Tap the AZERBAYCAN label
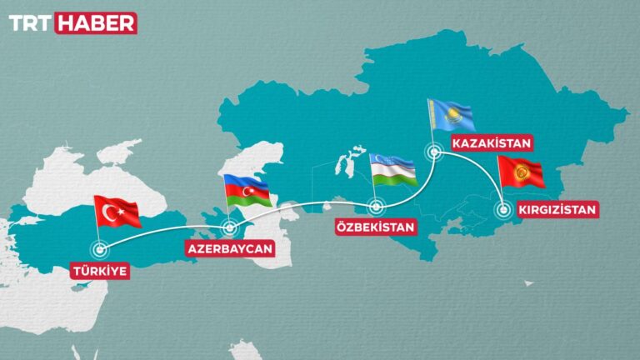point(231,249)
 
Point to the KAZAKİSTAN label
point(491,143)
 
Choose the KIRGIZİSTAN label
point(557,209)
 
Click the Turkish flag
point(117,212)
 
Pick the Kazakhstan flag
point(451,116)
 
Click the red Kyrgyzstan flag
point(521,172)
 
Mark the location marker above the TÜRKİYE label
point(101,247)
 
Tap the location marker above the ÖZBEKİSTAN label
point(375,206)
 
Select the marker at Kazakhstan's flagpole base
point(433,152)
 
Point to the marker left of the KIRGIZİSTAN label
point(503,209)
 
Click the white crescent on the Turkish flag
point(111,213)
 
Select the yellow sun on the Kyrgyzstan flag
point(522,172)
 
